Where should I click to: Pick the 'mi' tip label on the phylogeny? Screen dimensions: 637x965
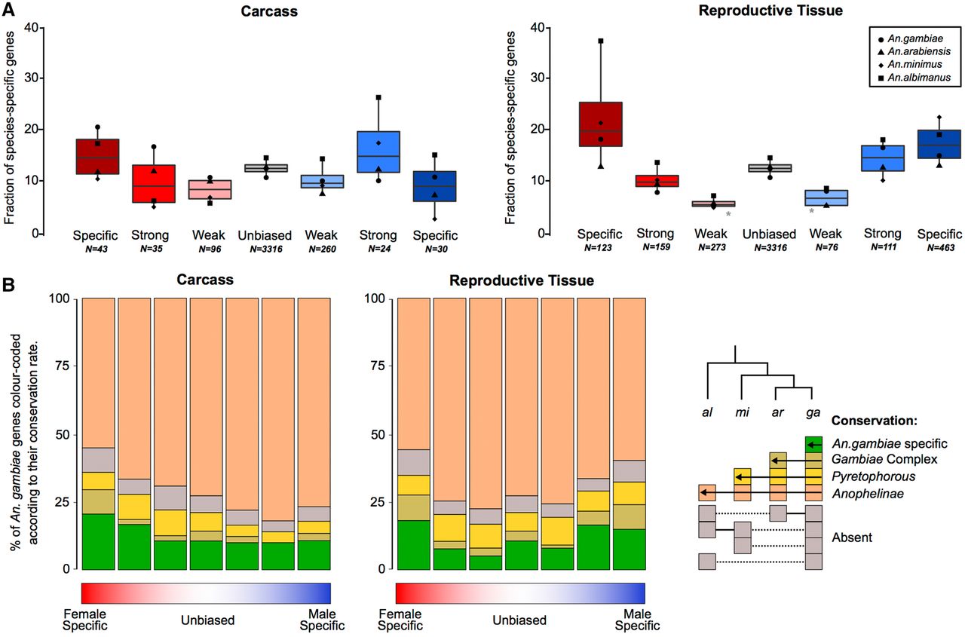coord(743,413)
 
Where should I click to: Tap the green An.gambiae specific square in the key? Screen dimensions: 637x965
coord(813,445)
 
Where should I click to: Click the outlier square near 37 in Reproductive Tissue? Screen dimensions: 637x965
coord(601,41)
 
